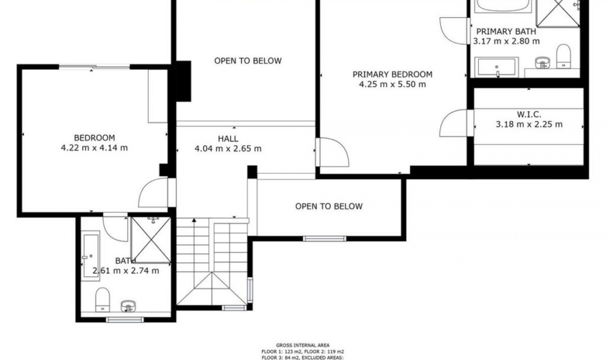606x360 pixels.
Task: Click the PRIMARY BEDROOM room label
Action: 392,75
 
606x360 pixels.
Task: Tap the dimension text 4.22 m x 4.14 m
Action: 94,148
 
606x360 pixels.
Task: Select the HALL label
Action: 228,139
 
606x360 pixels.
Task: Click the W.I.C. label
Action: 529,114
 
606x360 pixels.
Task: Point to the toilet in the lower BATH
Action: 103,299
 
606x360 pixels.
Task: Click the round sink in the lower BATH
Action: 128,306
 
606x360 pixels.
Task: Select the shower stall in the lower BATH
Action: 151,240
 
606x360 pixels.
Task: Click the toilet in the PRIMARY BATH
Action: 563,56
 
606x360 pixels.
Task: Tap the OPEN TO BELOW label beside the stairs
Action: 329,207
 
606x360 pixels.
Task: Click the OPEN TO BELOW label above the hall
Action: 248,61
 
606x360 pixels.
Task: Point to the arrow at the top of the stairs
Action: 194,220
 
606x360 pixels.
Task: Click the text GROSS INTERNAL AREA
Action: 302,345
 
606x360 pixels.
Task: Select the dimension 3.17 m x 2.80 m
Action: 506,41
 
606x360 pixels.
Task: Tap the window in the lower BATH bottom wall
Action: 125,320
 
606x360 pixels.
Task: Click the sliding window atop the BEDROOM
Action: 94,67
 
